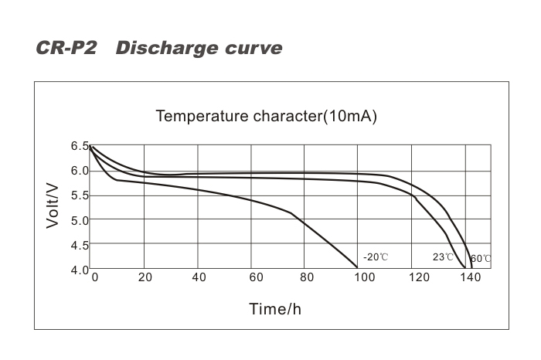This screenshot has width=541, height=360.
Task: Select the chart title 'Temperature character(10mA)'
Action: pyautogui.click(x=266, y=117)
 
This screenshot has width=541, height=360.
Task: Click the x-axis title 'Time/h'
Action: pyautogui.click(x=274, y=309)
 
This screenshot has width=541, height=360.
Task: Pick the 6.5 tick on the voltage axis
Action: pyautogui.click(x=80, y=146)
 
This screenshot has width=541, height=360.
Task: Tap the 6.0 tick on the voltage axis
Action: pyautogui.click(x=80, y=171)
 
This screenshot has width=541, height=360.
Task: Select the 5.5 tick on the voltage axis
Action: pyautogui.click(x=80, y=195)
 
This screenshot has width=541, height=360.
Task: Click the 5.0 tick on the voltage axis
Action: pyautogui.click(x=80, y=220)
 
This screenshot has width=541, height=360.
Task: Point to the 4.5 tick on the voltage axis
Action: pyautogui.click(x=80, y=245)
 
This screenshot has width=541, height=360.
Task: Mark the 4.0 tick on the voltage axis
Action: pyautogui.click(x=80, y=270)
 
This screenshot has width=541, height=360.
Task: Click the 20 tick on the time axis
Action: pyautogui.click(x=145, y=278)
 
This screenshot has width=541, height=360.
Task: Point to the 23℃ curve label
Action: pyautogui.click(x=443, y=256)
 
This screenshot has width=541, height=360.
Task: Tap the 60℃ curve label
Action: pyautogui.click(x=481, y=258)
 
